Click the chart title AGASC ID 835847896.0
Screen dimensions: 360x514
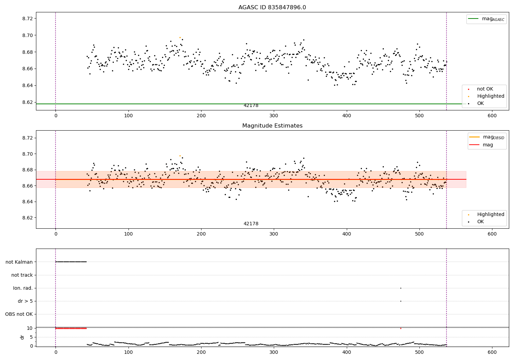point(272,8)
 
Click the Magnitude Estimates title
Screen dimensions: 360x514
point(272,126)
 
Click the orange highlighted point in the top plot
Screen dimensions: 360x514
point(180,37)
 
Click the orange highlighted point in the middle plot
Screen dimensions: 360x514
point(180,156)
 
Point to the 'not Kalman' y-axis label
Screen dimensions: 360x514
point(19,262)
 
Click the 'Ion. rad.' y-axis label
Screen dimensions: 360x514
point(23,288)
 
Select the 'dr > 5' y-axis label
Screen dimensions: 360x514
point(25,301)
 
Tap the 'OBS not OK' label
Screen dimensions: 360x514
point(19,314)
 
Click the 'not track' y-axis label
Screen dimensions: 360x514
point(22,275)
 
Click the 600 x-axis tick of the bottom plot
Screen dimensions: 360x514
point(492,352)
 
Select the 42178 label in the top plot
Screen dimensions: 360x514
point(251,106)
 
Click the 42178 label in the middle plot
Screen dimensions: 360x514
point(251,224)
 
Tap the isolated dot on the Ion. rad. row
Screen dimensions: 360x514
point(401,288)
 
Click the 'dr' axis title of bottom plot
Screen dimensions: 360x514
point(22,337)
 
